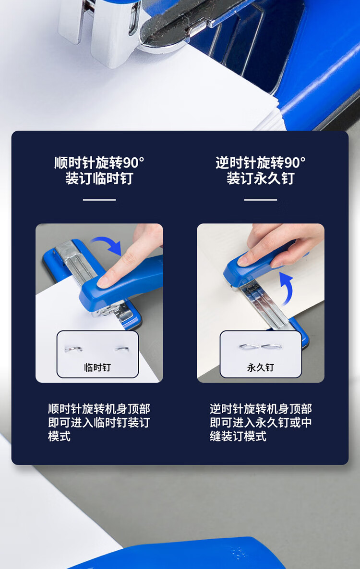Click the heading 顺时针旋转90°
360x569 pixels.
click(x=99, y=163)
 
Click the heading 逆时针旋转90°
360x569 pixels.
click(x=261, y=163)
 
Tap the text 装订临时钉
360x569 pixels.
click(x=99, y=178)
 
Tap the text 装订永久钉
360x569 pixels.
click(x=261, y=178)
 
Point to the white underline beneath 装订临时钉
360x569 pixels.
click(x=99, y=200)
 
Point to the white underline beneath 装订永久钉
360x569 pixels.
click(x=261, y=200)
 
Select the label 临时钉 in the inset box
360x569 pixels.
click(x=97, y=367)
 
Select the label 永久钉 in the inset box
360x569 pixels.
click(x=261, y=367)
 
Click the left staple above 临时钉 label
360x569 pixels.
click(x=73, y=349)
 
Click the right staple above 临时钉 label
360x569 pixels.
click(x=122, y=349)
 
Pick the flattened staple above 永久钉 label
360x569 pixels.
click(x=261, y=346)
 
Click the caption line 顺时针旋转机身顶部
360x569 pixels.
click(x=99, y=409)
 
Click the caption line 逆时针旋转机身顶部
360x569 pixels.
click(x=261, y=409)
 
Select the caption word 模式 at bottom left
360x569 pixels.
click(x=60, y=436)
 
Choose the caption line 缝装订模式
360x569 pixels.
click(x=238, y=436)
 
